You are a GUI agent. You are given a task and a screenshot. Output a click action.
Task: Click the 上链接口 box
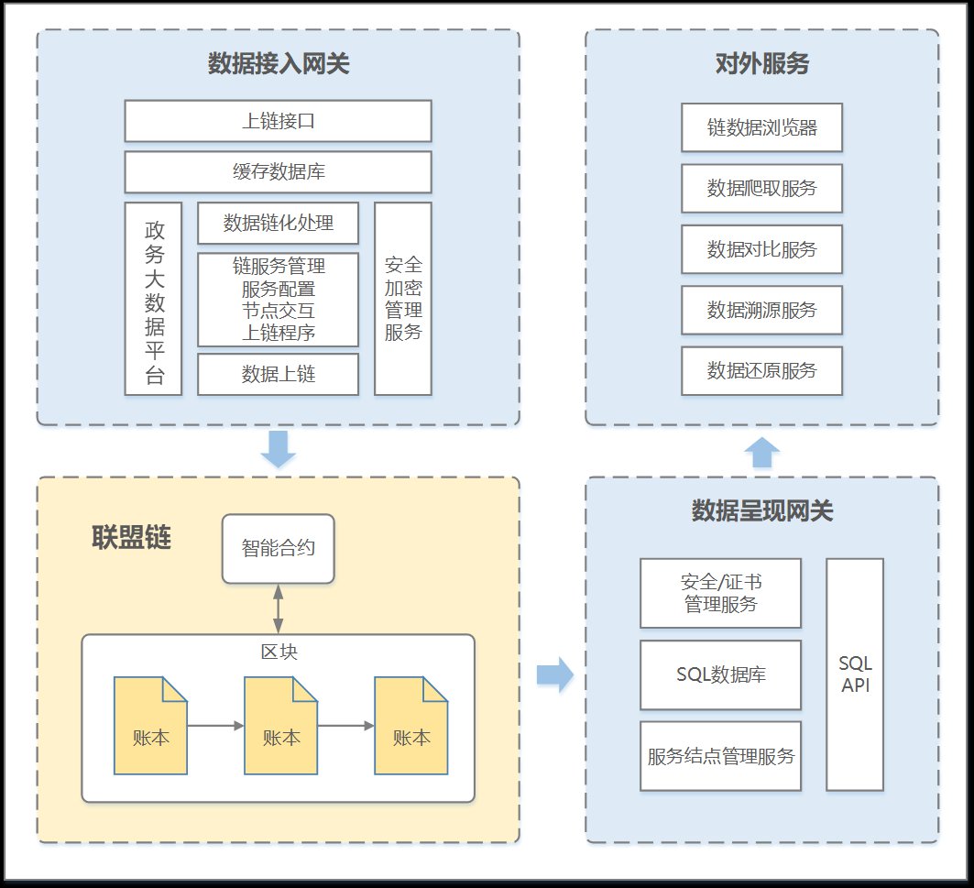pyautogui.click(x=278, y=121)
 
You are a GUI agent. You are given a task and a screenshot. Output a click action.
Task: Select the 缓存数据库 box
pyautogui.click(x=278, y=172)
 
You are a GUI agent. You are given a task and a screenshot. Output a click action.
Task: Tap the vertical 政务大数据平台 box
pyautogui.click(x=154, y=299)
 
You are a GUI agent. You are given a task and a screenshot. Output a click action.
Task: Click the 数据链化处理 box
pyautogui.click(x=278, y=223)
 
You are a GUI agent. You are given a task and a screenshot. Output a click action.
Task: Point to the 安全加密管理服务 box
pyautogui.click(x=402, y=299)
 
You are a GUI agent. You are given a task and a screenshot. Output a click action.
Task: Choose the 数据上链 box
pyautogui.click(x=278, y=374)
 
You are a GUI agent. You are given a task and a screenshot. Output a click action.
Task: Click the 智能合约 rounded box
pyautogui.click(x=278, y=548)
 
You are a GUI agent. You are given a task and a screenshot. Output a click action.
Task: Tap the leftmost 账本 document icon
pyautogui.click(x=150, y=726)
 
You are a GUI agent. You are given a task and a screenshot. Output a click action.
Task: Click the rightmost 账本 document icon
pyautogui.click(x=410, y=726)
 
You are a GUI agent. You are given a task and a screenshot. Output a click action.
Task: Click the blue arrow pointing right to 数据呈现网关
pyautogui.click(x=554, y=675)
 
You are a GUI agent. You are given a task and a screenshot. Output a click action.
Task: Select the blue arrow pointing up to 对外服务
pyautogui.click(x=761, y=453)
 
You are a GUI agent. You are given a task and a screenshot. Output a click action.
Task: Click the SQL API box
pyautogui.click(x=854, y=674)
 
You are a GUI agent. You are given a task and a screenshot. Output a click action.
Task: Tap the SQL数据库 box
pyautogui.click(x=720, y=675)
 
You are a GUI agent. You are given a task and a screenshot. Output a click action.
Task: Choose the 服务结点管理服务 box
pyautogui.click(x=720, y=756)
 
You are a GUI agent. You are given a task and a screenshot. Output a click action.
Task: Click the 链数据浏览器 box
pyautogui.click(x=761, y=127)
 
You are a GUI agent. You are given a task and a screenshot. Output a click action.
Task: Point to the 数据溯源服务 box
pyautogui.click(x=761, y=310)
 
